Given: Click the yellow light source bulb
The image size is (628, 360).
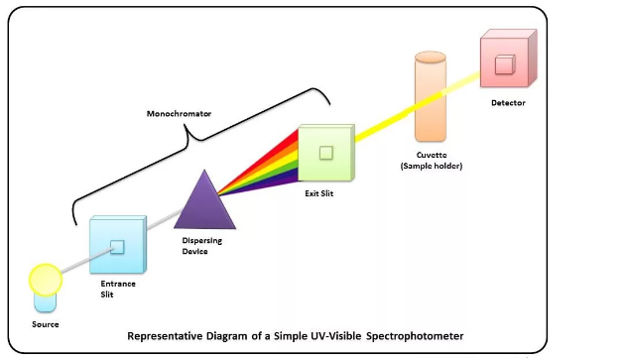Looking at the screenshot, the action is pos(46,280).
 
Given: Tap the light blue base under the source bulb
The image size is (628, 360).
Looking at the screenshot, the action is pos(46,302).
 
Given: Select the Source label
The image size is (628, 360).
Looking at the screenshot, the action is pos(46,324).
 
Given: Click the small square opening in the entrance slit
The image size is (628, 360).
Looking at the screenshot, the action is pos(117,247).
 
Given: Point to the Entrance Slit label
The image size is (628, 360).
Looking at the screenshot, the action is pos(118,289).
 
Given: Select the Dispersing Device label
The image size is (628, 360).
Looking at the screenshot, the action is pos(201,246).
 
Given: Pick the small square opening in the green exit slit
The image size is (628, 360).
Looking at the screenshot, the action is pos(326,153).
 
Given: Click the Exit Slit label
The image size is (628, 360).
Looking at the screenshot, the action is pos(318,193).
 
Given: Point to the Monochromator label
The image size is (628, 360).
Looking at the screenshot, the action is pos(179,114).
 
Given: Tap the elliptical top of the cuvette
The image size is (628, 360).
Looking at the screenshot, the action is pos(431,57).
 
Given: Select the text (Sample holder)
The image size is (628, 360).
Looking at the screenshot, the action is pos(432,166).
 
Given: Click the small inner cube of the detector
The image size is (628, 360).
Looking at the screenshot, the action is pos(505,64).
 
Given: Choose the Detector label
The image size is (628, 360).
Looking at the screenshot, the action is pos(508,103).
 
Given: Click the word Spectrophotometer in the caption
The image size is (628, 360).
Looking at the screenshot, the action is pos(415,336).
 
